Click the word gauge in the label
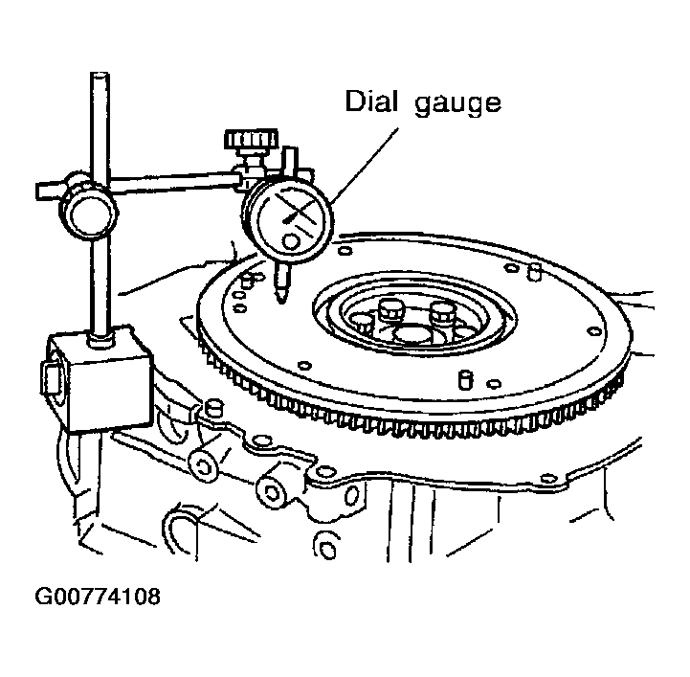click(458, 104)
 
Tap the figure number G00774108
click(98, 597)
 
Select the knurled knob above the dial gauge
click(252, 139)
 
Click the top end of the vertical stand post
click(100, 74)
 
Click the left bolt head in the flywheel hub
click(390, 310)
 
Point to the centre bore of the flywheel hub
click(413, 333)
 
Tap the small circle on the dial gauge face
click(291, 241)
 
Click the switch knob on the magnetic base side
click(52, 376)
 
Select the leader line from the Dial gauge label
click(365, 165)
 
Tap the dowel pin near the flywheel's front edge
click(466, 380)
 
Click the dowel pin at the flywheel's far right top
click(534, 272)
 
